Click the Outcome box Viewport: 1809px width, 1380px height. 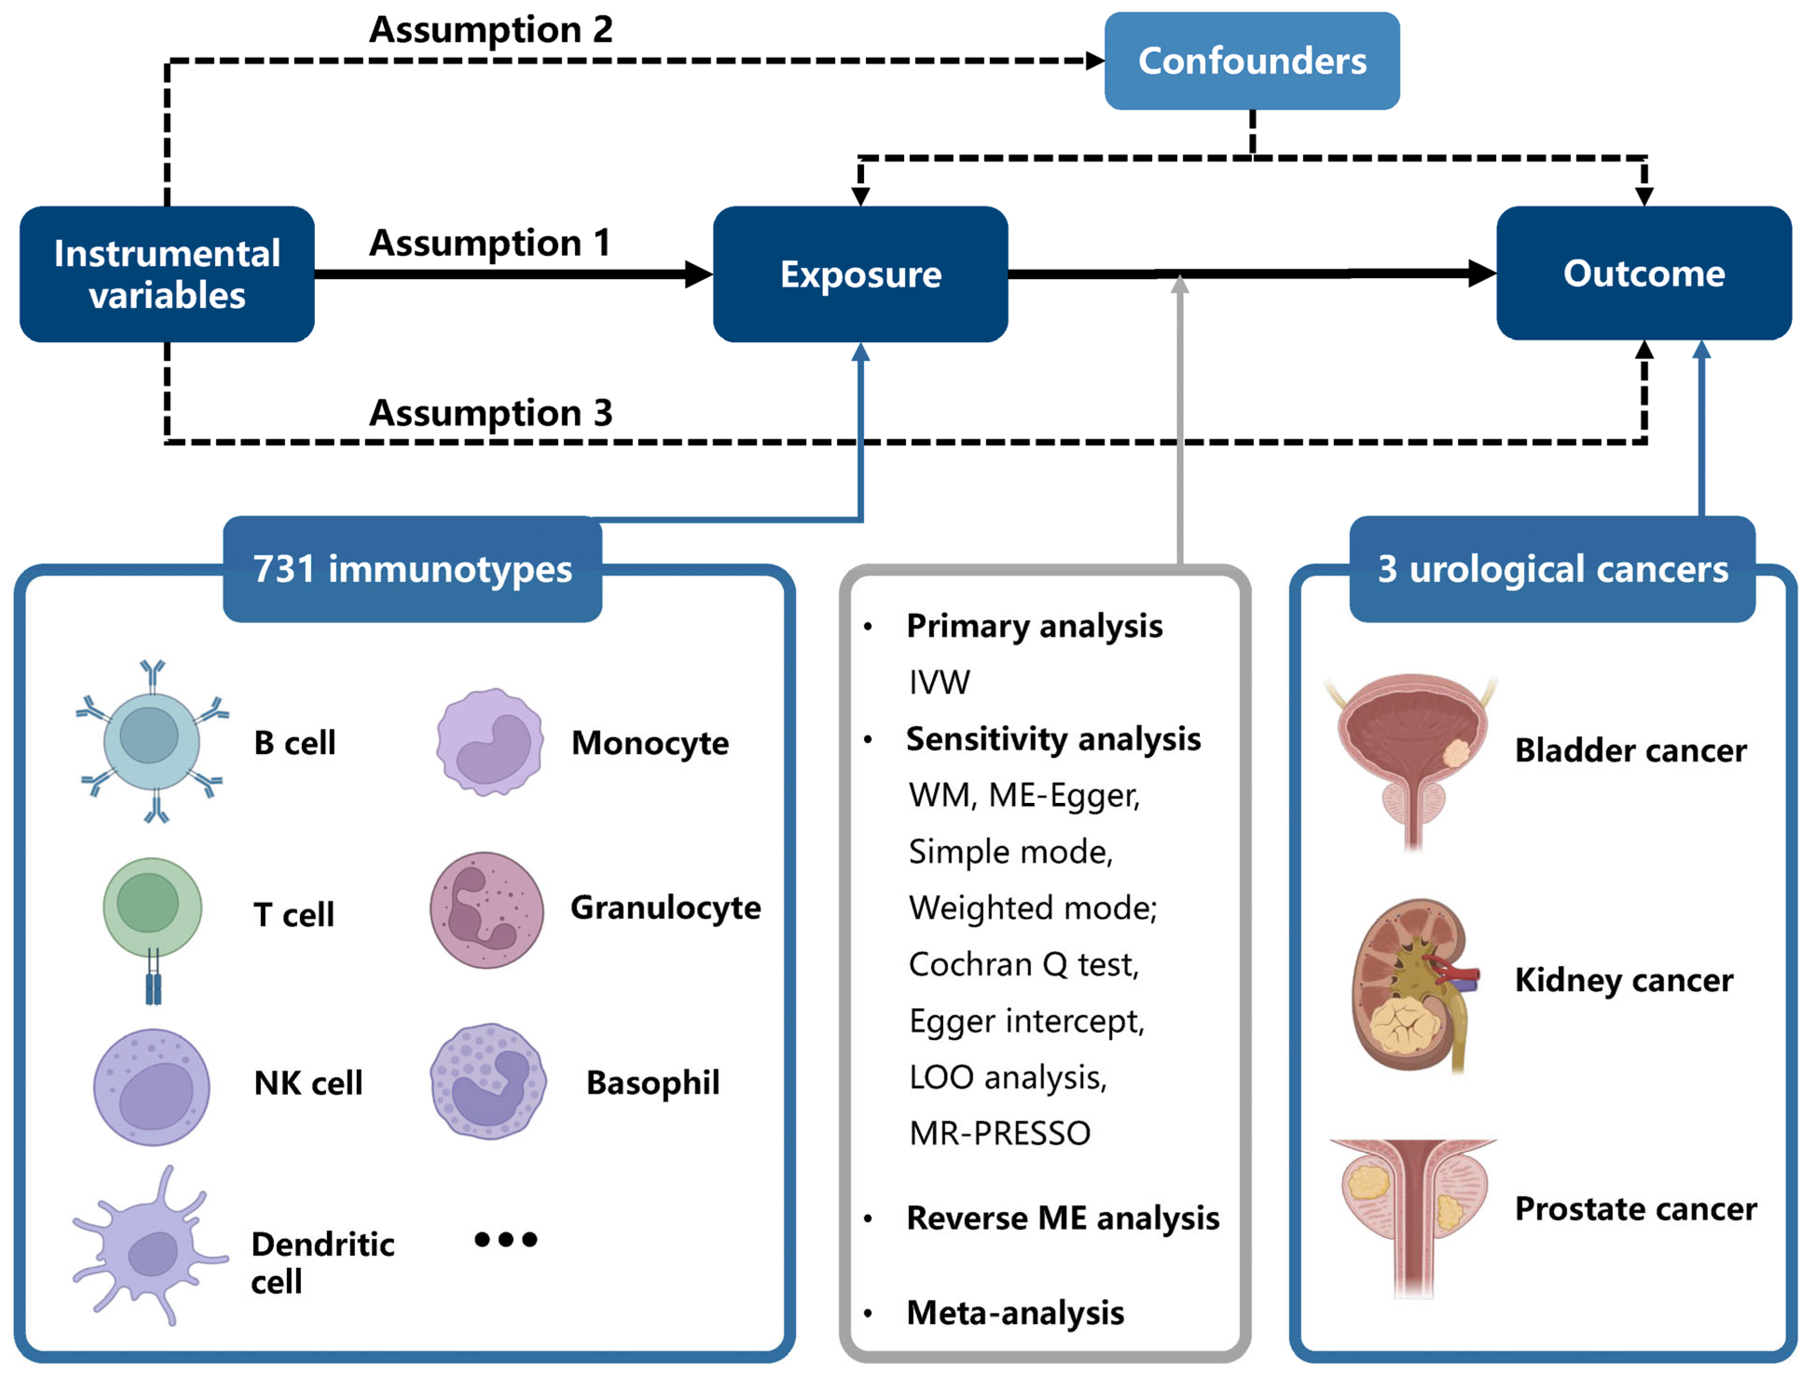click(x=1643, y=273)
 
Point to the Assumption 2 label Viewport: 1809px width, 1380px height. click(x=490, y=29)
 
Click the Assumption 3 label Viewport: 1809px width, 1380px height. click(x=490, y=412)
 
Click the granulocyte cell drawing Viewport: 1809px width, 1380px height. click(x=486, y=909)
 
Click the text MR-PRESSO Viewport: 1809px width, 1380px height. click(x=999, y=1133)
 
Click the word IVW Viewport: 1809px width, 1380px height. click(x=939, y=682)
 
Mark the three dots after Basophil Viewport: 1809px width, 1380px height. click(x=505, y=1239)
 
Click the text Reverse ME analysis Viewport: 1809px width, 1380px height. click(x=1062, y=1217)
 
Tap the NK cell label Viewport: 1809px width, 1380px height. click(x=308, y=1083)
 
